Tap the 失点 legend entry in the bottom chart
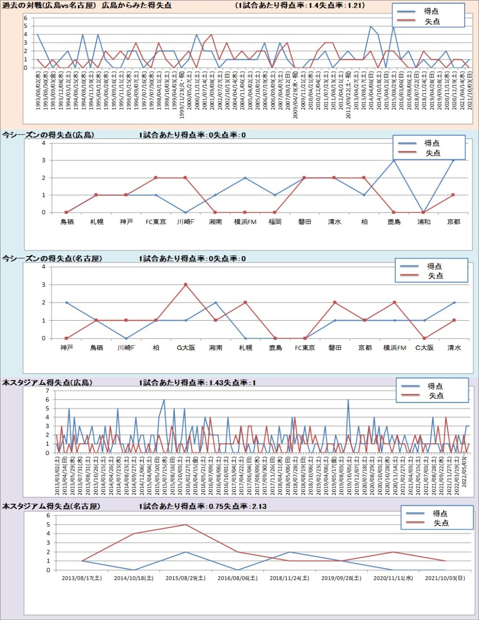coord(441,523)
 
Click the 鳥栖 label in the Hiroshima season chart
coord(67,222)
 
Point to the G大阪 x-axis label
coord(186,348)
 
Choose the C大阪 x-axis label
coord(424,348)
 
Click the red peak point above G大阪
coord(186,285)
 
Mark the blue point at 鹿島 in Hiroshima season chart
coord(394,160)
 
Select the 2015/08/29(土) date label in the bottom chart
coord(185,578)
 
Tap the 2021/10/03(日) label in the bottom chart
coord(445,578)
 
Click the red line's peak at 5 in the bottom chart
coord(185,525)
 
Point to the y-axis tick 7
coord(47,391)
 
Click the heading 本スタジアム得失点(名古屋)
coord(51,506)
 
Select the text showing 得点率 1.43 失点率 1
coord(197,383)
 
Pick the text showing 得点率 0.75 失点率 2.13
coord(203,506)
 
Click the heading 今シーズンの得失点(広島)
coord(48,135)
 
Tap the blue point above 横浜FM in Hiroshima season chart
coord(245,178)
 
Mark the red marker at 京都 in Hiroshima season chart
coord(453,195)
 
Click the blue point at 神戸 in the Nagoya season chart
coord(67,303)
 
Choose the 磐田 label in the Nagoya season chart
coord(335,348)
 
